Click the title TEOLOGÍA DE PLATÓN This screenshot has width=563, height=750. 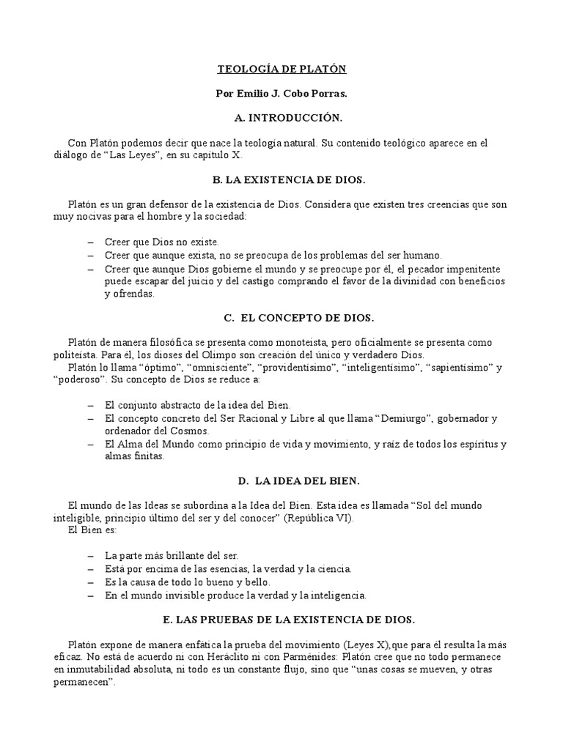281,70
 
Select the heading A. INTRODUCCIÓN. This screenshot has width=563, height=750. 281,118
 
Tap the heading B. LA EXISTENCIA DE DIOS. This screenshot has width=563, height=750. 281,179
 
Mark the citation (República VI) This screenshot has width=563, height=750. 313,519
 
